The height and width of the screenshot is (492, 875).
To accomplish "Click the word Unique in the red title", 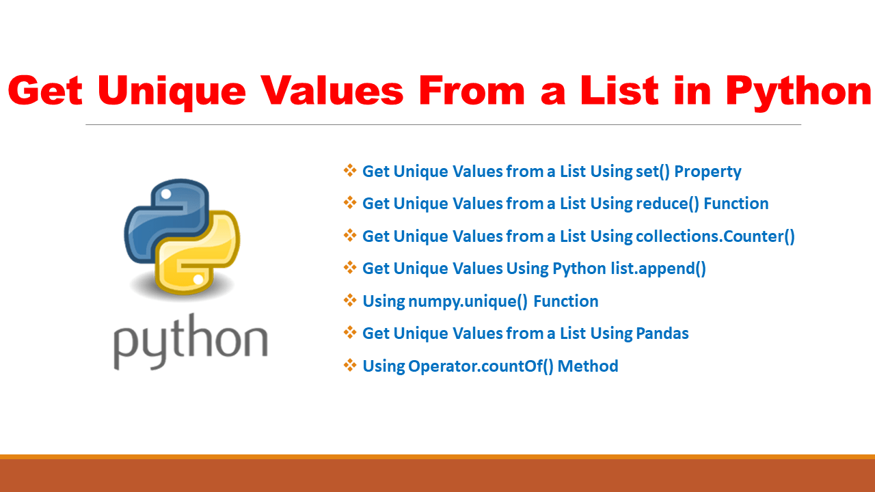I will (x=172, y=92).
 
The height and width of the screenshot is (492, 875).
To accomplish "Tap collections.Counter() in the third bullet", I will (x=715, y=236).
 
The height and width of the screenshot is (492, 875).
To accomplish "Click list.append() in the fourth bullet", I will (x=658, y=269).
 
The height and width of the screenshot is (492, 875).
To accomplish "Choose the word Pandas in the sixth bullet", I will (x=662, y=333).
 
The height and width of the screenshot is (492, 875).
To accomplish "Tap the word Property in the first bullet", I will (x=708, y=172).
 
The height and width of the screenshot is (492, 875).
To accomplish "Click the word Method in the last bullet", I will (x=588, y=366).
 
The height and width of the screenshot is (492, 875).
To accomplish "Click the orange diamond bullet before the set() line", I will (x=350, y=171).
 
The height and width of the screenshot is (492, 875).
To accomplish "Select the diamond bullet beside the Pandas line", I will (x=350, y=333).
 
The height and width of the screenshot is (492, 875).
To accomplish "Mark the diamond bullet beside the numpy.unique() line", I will (x=350, y=301).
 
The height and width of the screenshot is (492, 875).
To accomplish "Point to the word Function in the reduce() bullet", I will (x=736, y=204).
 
